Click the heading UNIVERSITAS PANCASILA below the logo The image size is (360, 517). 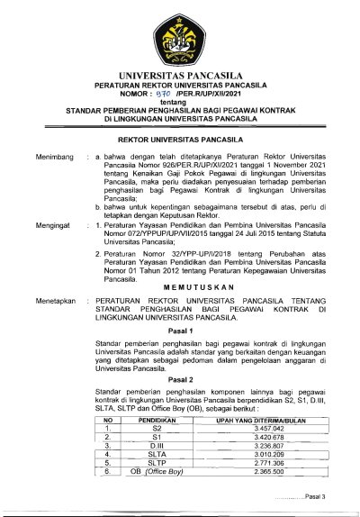click(179, 75)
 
